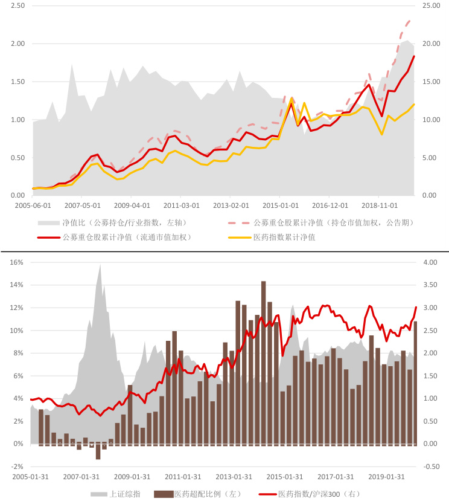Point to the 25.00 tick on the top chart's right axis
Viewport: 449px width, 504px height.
(x=433, y=5)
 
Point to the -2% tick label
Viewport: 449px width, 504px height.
(x=16, y=467)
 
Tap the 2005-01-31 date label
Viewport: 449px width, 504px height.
(x=31, y=477)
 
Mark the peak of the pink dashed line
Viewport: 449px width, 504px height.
(x=409, y=21)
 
